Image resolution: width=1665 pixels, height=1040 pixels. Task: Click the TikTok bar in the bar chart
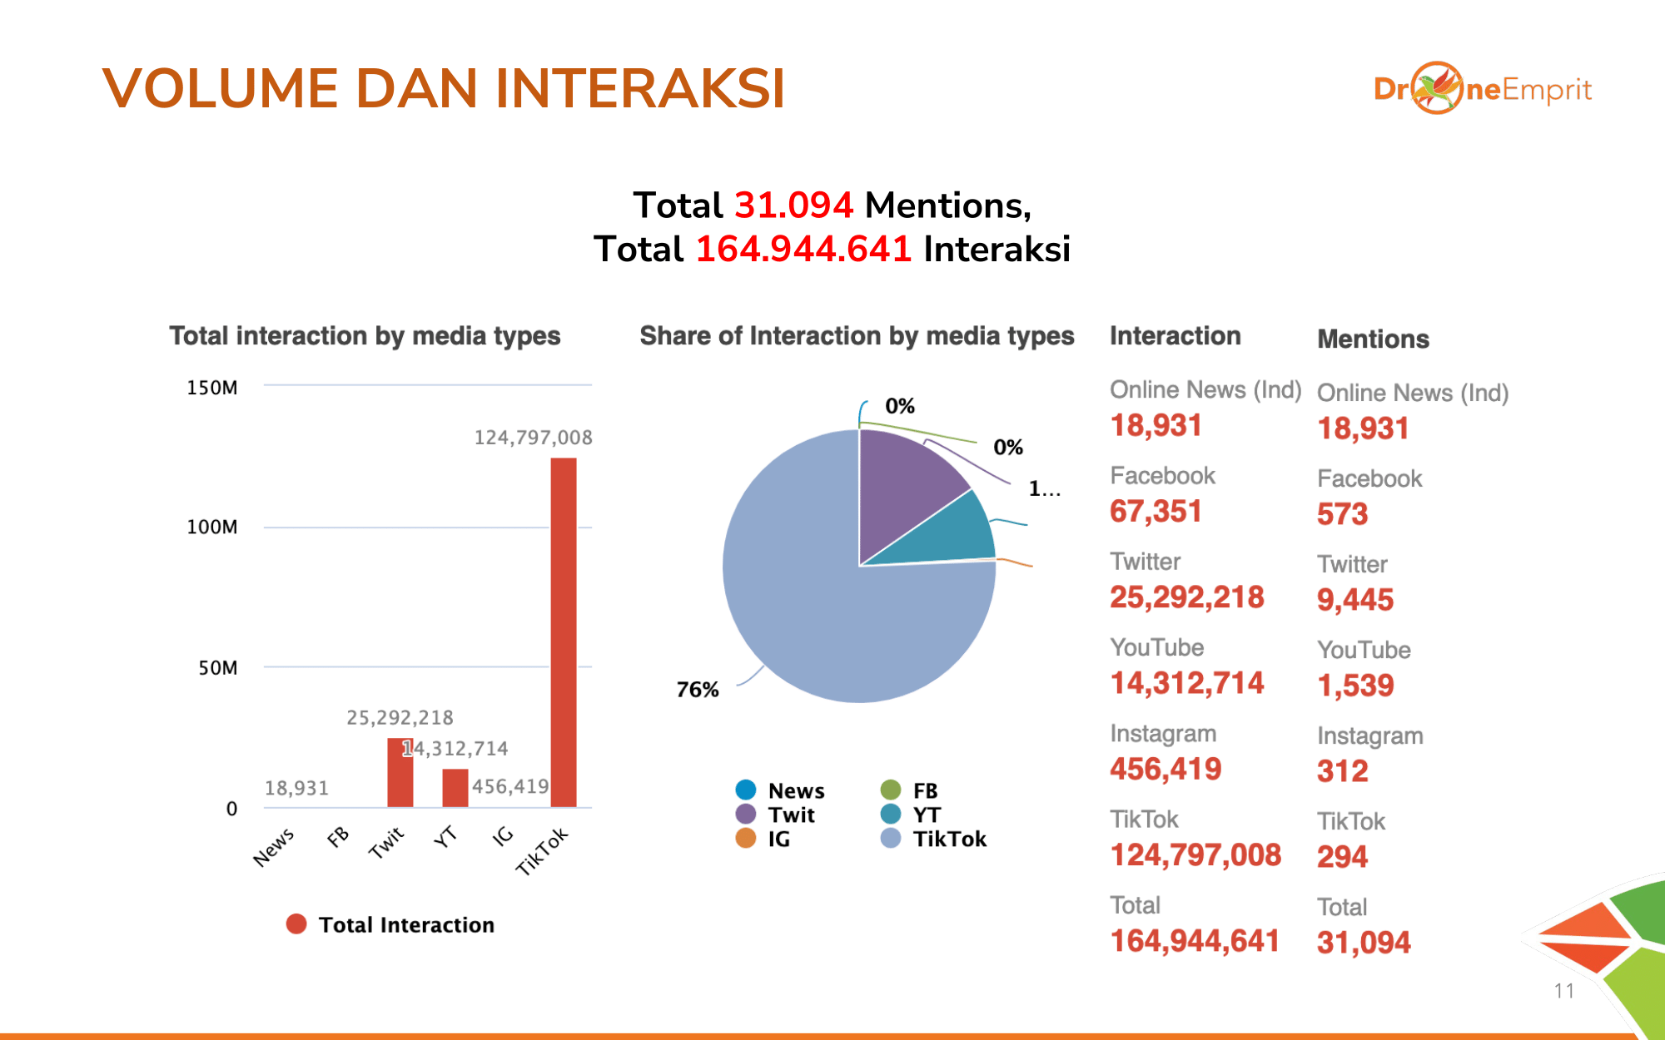[x=564, y=632]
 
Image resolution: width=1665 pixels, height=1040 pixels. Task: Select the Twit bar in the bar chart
[x=400, y=773]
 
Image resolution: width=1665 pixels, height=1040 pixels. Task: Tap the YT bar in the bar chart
[x=455, y=788]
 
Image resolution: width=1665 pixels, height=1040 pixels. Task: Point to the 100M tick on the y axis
[x=212, y=527]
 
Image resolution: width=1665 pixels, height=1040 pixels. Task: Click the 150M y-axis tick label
[x=212, y=388]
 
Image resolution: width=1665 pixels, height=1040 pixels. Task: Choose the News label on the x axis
[x=274, y=847]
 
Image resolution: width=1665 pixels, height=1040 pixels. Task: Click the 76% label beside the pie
[x=698, y=690]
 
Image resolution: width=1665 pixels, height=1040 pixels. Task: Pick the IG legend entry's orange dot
[x=746, y=839]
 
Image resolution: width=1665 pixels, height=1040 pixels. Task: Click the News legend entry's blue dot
[x=746, y=790]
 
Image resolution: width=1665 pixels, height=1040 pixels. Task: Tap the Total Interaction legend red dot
[x=296, y=924]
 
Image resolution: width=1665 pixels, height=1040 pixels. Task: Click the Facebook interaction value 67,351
[x=1156, y=511]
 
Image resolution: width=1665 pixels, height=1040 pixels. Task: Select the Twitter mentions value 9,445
[x=1355, y=600]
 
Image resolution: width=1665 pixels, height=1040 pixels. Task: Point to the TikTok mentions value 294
[x=1342, y=857]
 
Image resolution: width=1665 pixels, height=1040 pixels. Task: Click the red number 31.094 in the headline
[x=793, y=206]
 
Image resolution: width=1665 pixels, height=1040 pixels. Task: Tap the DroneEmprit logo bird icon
[x=1437, y=87]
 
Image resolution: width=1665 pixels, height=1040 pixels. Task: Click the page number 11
[x=1563, y=991]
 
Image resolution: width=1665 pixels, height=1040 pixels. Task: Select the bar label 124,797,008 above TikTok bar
[x=534, y=438]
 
